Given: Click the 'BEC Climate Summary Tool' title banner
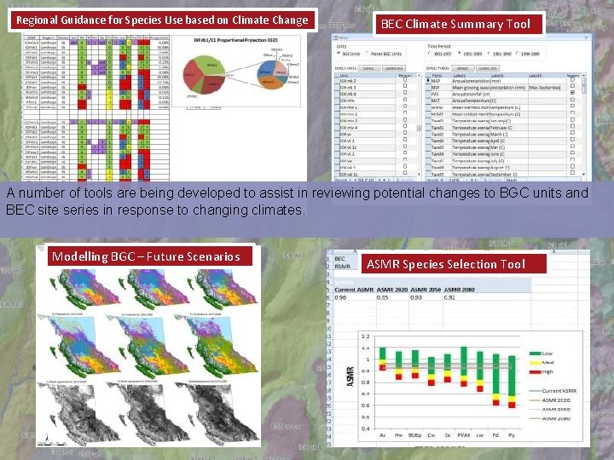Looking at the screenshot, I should [455, 25].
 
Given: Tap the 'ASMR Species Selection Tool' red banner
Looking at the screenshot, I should [446, 264].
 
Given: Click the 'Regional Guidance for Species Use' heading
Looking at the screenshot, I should [162, 20].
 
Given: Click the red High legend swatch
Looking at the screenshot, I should [530, 371].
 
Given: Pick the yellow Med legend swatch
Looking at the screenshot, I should [530, 361].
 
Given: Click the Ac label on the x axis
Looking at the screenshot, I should [382, 434].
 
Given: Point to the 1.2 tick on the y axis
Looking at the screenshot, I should [366, 336].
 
